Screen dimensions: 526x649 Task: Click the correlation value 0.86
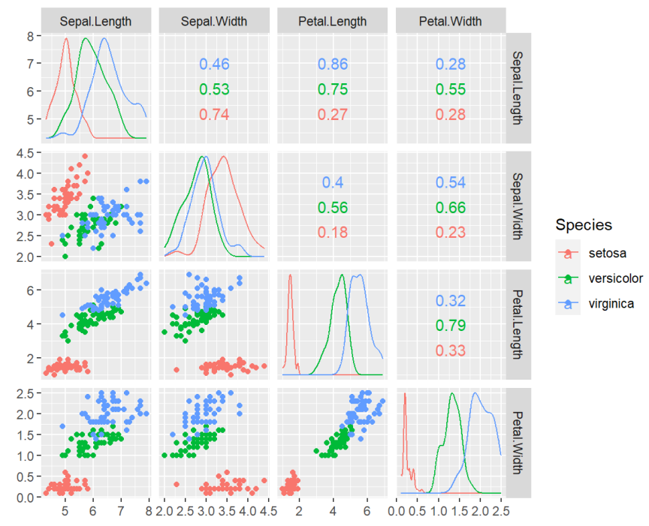pyautogui.click(x=333, y=65)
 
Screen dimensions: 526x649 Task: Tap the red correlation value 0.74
pyautogui.click(x=214, y=115)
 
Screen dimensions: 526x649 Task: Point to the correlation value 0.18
pyautogui.click(x=333, y=232)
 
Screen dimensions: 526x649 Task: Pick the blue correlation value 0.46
pyautogui.click(x=214, y=65)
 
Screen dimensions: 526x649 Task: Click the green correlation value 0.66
pyautogui.click(x=451, y=207)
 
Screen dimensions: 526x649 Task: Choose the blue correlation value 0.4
pyautogui.click(x=333, y=182)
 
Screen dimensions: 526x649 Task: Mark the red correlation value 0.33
pyautogui.click(x=451, y=350)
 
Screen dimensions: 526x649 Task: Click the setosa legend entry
pyautogui.click(x=608, y=253)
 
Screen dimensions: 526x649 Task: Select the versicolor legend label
pyautogui.click(x=616, y=278)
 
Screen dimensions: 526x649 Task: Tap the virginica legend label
pyautogui.click(x=611, y=304)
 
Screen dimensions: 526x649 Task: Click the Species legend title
pyautogui.click(x=584, y=224)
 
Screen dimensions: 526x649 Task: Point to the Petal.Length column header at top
pyautogui.click(x=333, y=21)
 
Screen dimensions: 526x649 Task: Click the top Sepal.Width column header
pyautogui.click(x=214, y=21)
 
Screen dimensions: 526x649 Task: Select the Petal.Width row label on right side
pyautogui.click(x=518, y=443)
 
